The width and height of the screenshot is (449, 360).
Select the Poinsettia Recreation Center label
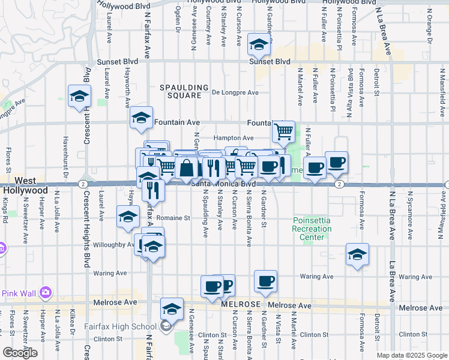click(312, 229)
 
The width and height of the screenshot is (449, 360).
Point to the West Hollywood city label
click(24, 185)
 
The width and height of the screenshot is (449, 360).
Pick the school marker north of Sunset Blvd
click(259, 45)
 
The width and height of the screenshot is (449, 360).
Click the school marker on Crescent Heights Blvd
click(79, 96)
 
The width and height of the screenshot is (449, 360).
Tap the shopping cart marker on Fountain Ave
click(283, 130)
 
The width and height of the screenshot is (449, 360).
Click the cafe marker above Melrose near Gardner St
click(265, 280)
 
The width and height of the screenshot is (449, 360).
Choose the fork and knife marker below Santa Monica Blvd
click(153, 190)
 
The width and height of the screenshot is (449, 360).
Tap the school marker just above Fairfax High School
click(172, 308)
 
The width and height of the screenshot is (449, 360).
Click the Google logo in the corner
click(20, 353)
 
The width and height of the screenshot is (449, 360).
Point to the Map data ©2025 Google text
click(412, 355)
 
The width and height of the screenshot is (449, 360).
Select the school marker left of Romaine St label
click(128, 217)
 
